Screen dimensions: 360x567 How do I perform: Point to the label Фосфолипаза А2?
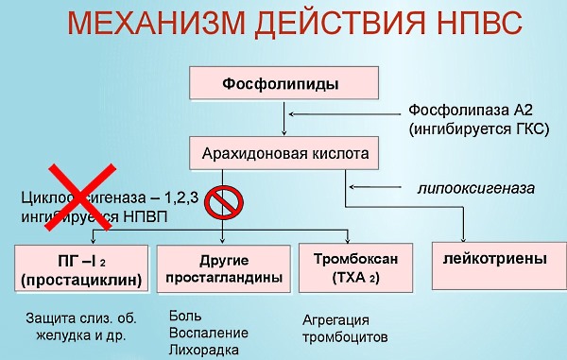(477, 111)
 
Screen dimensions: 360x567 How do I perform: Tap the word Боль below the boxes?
(184, 316)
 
